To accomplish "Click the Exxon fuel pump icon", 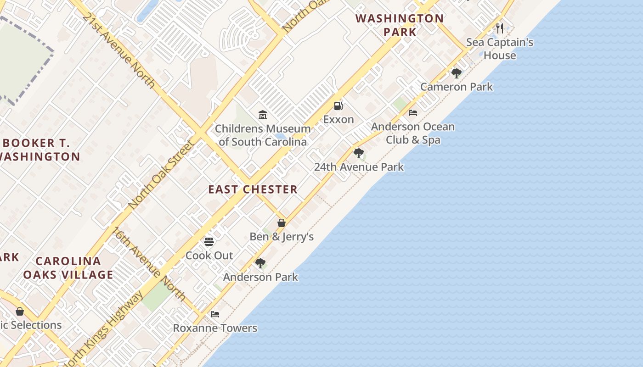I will [x=338, y=106].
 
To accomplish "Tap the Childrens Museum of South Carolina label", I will [x=263, y=135].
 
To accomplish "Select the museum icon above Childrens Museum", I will [x=263, y=115].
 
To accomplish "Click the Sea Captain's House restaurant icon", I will [x=500, y=28].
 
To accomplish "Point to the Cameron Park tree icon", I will [x=456, y=73].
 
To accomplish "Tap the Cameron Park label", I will [x=457, y=87].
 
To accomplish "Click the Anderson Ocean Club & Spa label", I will [x=413, y=133].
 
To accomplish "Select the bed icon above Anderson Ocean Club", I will [x=413, y=113].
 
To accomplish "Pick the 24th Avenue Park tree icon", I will [x=359, y=153].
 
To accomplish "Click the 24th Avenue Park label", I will [x=359, y=167].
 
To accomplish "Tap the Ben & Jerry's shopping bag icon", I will [x=282, y=223].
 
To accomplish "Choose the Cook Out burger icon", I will [x=209, y=241].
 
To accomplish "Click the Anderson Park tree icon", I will [x=260, y=263].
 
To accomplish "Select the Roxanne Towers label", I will [x=215, y=328].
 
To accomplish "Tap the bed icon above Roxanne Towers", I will [x=214, y=314].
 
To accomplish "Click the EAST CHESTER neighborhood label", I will [x=253, y=189].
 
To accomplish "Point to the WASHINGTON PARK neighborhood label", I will [x=400, y=25].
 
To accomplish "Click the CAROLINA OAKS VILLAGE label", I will [x=68, y=268].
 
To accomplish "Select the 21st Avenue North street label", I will [x=119, y=50].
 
